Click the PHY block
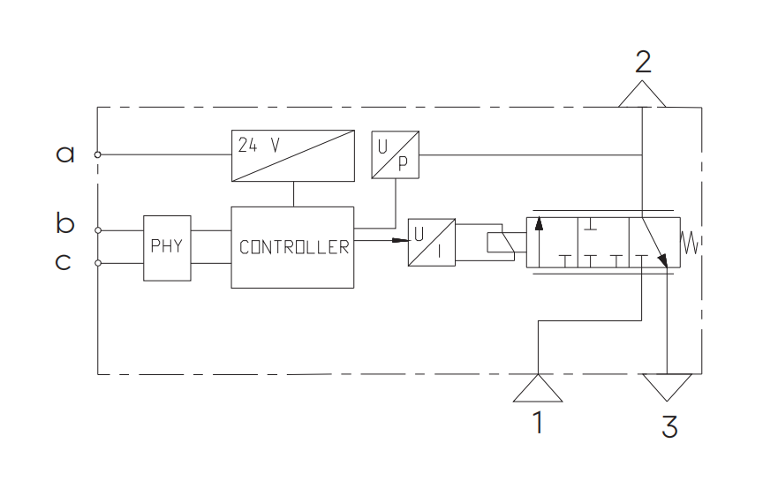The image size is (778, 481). tap(167, 248)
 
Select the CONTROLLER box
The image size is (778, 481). tap(292, 247)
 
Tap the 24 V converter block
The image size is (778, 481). tap(293, 155)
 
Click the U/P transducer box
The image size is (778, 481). tap(396, 154)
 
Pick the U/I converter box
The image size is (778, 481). tap(432, 242)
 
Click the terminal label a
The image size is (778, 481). tap(65, 154)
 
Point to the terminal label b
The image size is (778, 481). tap(65, 223)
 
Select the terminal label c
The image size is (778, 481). tap(63, 261)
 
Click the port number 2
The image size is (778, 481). tap(643, 62)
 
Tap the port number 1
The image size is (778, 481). tap(538, 423)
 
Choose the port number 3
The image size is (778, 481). tap(670, 426)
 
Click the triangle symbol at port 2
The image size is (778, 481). tap(642, 94)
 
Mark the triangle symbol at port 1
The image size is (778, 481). tap(538, 388)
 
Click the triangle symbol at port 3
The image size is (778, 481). tap(668, 387)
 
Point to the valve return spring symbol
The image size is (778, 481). tap(690, 243)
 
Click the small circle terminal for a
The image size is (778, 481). tap(98, 154)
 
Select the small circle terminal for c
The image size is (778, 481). tap(98, 263)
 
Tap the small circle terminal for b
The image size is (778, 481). tap(98, 230)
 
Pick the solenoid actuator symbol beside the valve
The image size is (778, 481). tap(501, 243)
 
